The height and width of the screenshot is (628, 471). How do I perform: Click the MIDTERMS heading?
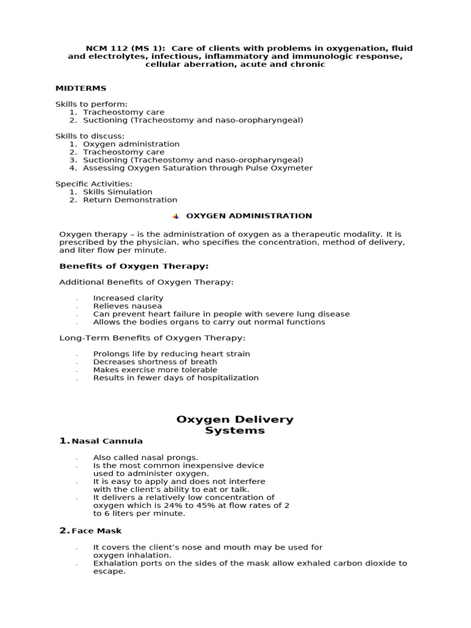tap(81, 88)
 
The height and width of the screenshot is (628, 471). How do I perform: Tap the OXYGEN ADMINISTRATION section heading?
tap(249, 216)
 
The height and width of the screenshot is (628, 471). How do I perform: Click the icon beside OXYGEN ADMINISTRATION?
tap(176, 216)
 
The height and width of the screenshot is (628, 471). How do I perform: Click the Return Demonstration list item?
tap(130, 200)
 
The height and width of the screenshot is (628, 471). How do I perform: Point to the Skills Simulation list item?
tap(118, 192)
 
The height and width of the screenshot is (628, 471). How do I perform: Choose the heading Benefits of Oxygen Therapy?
tap(134, 266)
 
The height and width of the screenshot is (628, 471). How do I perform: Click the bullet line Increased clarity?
tap(128, 298)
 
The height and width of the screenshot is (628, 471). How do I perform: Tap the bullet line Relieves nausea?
tap(128, 306)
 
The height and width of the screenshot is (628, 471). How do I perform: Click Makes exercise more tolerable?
tap(155, 370)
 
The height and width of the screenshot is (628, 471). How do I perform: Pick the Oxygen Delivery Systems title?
tap(235, 425)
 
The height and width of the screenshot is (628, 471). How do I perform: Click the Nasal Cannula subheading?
tap(107, 441)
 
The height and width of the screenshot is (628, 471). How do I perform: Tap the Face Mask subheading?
tap(97, 531)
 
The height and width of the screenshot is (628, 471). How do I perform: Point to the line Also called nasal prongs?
tap(146, 458)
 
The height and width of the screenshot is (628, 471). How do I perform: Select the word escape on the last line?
tap(109, 572)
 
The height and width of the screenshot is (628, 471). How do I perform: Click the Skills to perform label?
tap(91, 104)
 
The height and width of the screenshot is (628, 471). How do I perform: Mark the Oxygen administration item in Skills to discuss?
tap(131, 144)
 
